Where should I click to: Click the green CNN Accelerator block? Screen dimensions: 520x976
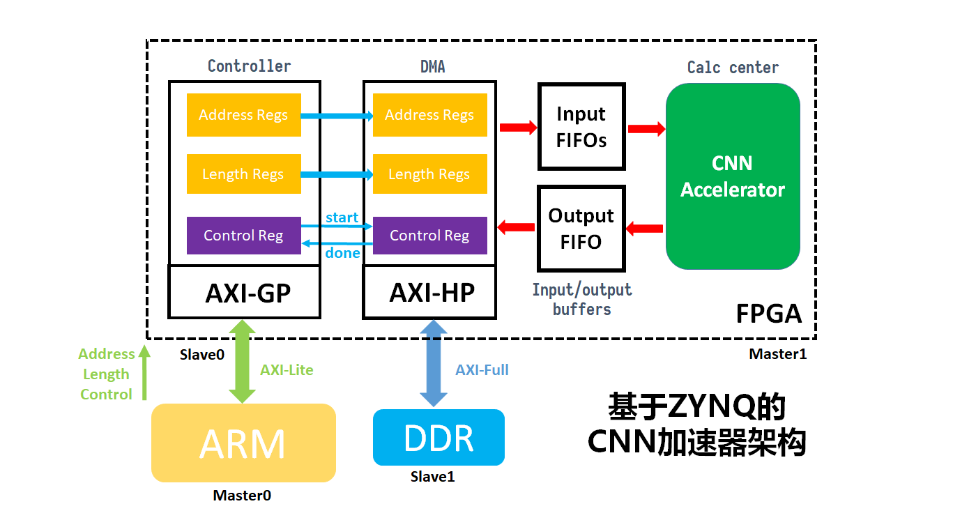(x=733, y=176)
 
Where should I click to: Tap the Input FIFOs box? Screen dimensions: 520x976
(x=581, y=127)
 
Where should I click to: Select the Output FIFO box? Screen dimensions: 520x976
(x=581, y=229)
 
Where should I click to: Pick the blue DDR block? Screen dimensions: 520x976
(x=439, y=437)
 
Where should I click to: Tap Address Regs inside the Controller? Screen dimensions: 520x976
(x=243, y=115)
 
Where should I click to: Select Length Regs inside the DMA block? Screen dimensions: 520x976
(x=429, y=174)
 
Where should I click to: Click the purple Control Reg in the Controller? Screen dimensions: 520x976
(x=243, y=236)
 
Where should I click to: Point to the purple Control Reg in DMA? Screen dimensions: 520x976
(x=429, y=236)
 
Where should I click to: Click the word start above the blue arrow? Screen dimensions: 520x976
(x=342, y=217)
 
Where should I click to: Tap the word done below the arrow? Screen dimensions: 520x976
(x=342, y=253)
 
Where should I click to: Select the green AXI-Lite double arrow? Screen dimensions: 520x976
(x=243, y=361)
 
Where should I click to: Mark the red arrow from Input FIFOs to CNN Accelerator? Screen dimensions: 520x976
(x=646, y=129)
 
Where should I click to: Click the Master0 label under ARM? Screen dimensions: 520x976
(x=242, y=496)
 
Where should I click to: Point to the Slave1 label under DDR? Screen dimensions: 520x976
(x=432, y=477)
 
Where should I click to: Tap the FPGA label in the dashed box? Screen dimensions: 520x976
(x=769, y=314)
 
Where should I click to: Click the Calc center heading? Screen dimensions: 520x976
(x=733, y=68)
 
